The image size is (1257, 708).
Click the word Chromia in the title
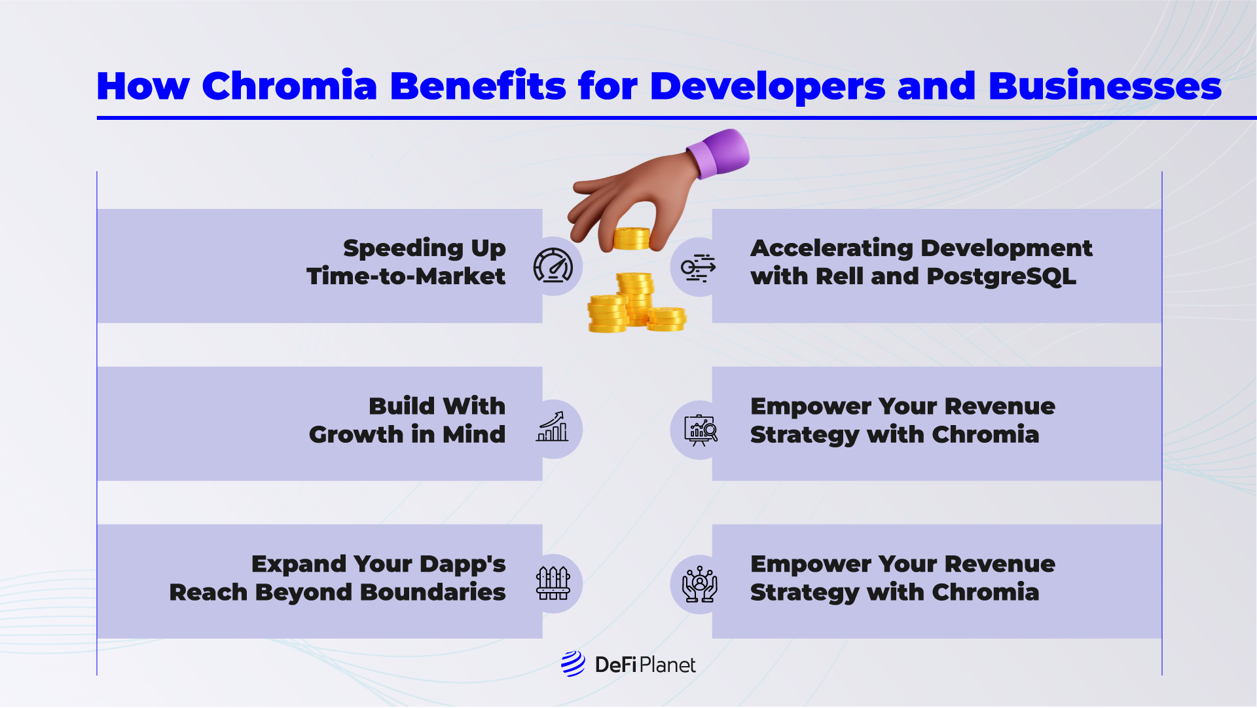289,86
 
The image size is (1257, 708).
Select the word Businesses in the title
1105,86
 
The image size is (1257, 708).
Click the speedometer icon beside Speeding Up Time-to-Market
553,265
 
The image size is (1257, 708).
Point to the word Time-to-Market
406,276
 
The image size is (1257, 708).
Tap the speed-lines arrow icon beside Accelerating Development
699,267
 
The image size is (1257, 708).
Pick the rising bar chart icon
553,426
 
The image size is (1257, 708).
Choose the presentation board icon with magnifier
701,430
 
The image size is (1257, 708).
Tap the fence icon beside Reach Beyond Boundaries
553,583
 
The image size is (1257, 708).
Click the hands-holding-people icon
700,584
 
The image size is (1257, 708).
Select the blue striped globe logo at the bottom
574,664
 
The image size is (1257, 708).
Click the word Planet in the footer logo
667,665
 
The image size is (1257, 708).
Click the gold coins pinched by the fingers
632,239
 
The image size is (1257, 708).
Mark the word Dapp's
463,565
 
